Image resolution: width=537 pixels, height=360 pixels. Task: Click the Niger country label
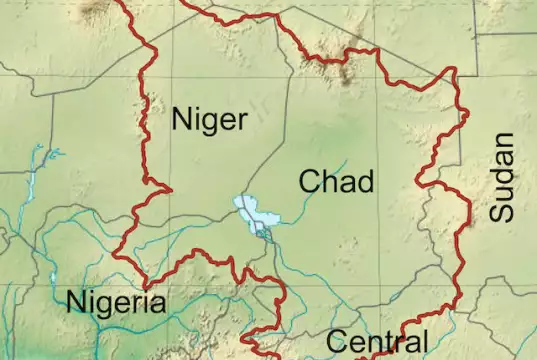pos(209,120)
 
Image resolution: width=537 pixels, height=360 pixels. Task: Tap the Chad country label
pos(337,181)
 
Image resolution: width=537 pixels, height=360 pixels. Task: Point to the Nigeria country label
pos(116,302)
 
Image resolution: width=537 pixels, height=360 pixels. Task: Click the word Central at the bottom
pos(377,342)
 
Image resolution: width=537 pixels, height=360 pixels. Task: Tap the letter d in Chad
pos(365,181)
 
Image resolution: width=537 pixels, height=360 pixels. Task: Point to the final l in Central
pos(424,341)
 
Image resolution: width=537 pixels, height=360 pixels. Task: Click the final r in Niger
pos(241,121)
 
